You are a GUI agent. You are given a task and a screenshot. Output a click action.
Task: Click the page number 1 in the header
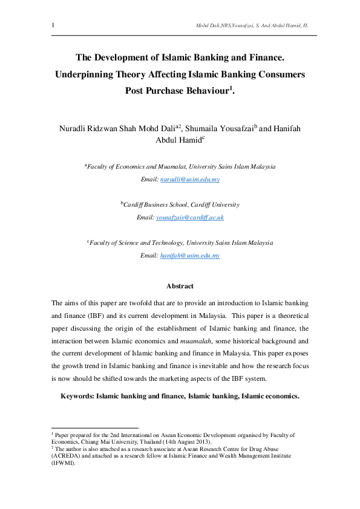pyautogui.click(x=53, y=25)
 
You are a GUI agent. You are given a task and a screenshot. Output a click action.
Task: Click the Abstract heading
pyautogui.click(x=180, y=286)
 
